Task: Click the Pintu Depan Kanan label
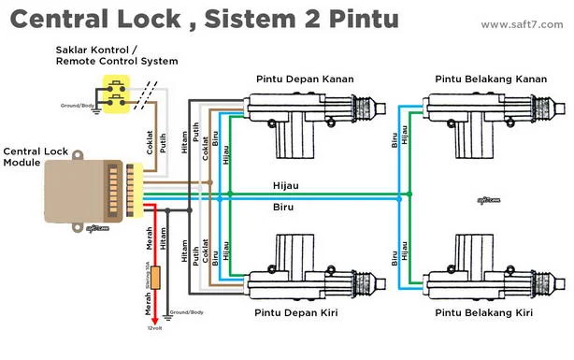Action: point(304,79)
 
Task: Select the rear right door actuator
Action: point(477,117)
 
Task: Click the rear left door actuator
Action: point(477,271)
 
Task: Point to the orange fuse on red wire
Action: point(157,278)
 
